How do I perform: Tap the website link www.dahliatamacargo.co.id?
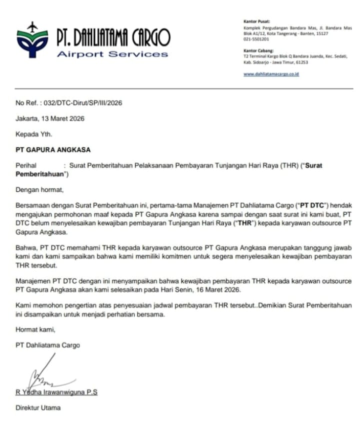pos(271,74)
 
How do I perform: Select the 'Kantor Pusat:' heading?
pos(256,21)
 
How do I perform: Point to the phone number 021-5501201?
pos(256,39)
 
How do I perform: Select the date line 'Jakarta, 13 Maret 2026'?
pos(50,119)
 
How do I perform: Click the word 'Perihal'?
pos(26,165)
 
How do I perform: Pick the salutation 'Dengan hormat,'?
pos(40,190)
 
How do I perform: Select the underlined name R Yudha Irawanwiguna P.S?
pos(56,392)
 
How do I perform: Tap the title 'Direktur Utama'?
pos(38,408)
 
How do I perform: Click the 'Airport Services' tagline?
pos(112,54)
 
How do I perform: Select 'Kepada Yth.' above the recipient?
pos(33,134)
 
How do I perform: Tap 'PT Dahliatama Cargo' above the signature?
pos(48,345)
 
